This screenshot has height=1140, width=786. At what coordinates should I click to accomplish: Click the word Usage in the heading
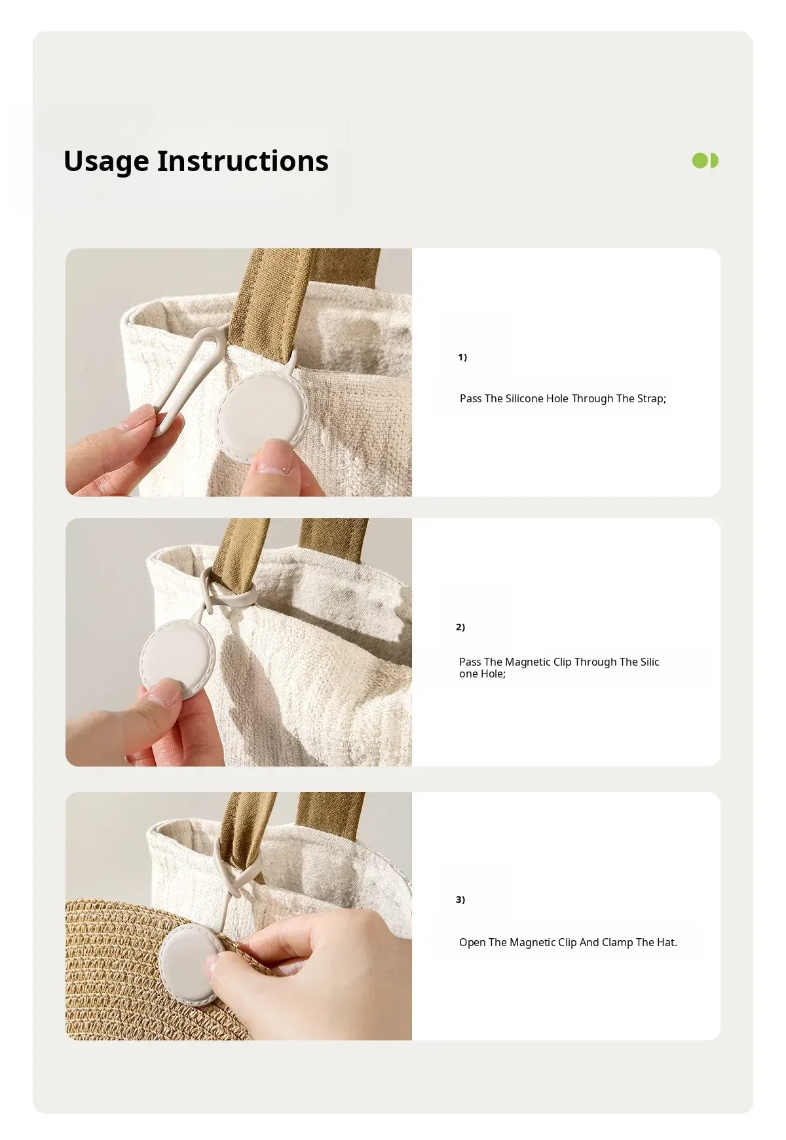[x=106, y=162]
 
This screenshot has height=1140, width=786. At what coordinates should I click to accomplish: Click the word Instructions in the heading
[x=242, y=161]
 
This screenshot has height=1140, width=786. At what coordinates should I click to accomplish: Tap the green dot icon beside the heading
[x=705, y=161]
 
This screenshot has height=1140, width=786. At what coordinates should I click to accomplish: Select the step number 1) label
[x=462, y=357]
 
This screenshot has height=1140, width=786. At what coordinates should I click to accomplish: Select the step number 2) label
[x=460, y=627]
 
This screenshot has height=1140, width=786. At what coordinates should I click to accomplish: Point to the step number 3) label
[x=460, y=900]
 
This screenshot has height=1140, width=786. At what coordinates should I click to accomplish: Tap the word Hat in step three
[x=667, y=942]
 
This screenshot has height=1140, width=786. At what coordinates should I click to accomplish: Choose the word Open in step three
[x=472, y=943]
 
